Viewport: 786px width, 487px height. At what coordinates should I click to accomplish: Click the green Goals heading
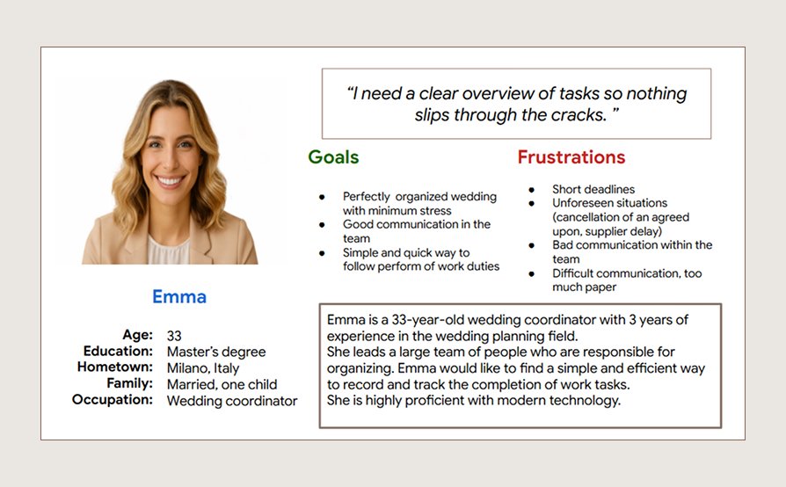(x=333, y=157)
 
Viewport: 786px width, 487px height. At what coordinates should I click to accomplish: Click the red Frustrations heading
(x=571, y=157)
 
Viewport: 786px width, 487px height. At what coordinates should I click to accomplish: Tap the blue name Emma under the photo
(x=179, y=296)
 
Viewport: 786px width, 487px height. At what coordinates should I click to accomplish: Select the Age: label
(x=137, y=335)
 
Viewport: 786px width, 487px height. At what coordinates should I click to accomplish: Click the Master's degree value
(x=216, y=352)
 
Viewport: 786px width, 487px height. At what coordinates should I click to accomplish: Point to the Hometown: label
(x=114, y=367)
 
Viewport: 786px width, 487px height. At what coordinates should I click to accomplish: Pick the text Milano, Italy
(x=203, y=368)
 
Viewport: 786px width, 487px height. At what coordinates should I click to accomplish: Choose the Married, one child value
(x=222, y=384)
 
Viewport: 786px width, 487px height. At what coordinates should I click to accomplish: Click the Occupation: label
(x=113, y=400)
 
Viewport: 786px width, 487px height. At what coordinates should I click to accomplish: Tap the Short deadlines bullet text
(x=593, y=189)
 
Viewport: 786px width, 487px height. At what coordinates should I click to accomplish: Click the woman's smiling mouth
(x=170, y=181)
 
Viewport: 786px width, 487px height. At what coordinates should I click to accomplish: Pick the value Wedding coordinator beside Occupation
(x=232, y=401)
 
